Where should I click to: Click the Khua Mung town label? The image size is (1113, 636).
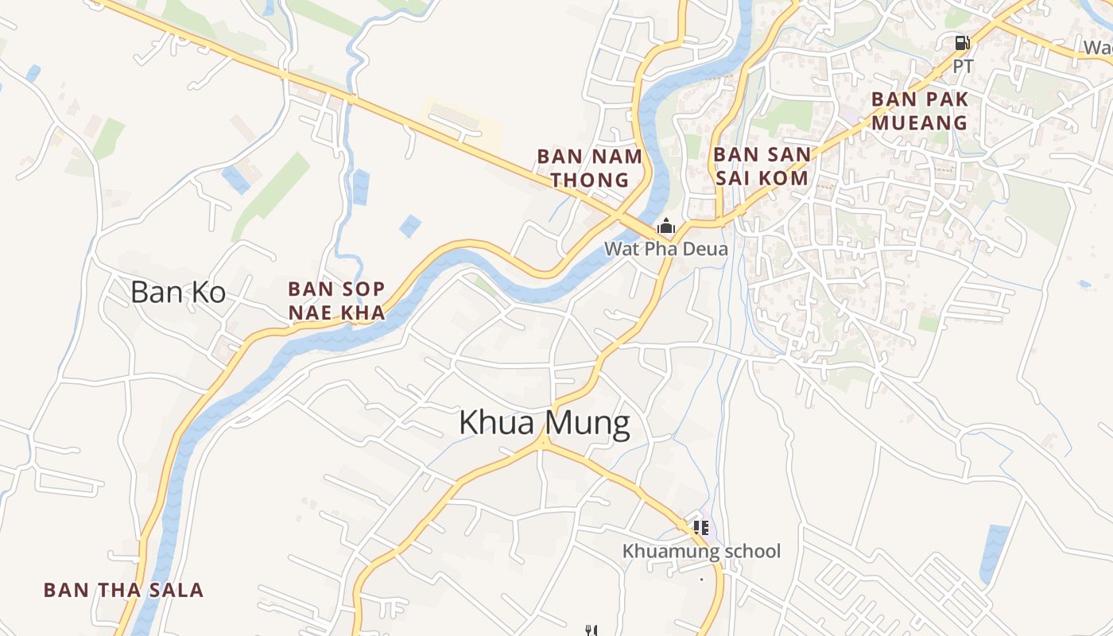pos(545,424)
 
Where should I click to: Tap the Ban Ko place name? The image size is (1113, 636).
pos(178,293)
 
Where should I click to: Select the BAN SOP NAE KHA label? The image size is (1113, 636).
pos(336,301)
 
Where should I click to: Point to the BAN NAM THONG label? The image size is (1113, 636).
pos(589,168)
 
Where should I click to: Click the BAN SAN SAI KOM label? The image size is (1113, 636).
pos(762,166)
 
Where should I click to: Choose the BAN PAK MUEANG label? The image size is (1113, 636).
pos(920,111)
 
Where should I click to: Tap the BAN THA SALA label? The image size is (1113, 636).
pos(123,590)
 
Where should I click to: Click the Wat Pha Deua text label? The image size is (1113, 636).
pos(665,248)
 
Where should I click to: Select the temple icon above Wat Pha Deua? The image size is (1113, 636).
pos(665,227)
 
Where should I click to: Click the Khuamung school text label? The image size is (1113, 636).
pos(701,551)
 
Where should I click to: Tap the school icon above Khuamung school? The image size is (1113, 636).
pos(700,527)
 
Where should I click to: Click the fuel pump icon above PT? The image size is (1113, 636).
pos(962,43)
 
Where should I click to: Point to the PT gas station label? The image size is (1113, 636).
pos(962,66)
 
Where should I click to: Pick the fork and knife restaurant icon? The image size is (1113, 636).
pos(591,630)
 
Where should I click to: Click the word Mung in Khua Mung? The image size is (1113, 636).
pos(589,424)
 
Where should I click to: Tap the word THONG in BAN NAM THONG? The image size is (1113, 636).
pos(589,180)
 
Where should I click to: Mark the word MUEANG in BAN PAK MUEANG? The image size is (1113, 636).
pos(920,122)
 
